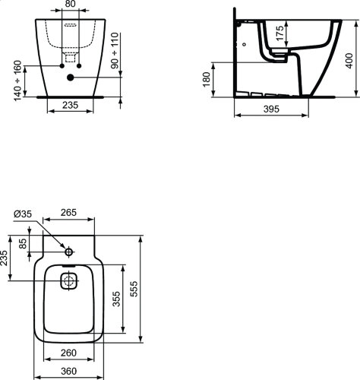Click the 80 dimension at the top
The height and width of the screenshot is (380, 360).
point(70,4)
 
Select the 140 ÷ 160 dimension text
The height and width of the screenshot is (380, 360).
point(18,81)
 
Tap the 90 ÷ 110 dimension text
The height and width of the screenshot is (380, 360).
point(115,50)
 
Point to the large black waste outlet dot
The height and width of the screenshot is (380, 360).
point(71,78)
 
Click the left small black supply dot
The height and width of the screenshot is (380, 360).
point(62,66)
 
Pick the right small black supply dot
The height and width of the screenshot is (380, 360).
point(79,66)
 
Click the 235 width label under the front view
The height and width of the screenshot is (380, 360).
point(71,105)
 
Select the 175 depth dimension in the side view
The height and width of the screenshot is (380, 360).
point(279,33)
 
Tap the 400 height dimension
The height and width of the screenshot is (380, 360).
point(349,61)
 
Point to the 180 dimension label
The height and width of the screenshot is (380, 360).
point(207,79)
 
